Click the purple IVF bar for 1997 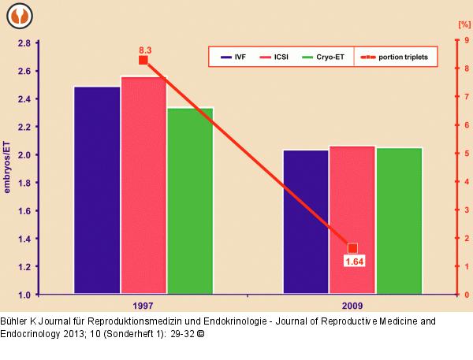pyautogui.click(x=97, y=189)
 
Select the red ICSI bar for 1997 pyautogui.click(x=143, y=184)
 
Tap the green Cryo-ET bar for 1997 pyautogui.click(x=190, y=200)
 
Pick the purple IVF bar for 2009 pyautogui.click(x=306, y=221)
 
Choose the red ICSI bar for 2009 pyautogui.click(x=352, y=220)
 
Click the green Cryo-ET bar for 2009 pyautogui.click(x=399, y=221)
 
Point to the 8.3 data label pyautogui.click(x=145, y=50)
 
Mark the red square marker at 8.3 pyautogui.click(x=143, y=61)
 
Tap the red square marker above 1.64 pyautogui.click(x=352, y=248)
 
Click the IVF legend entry pyautogui.click(x=233, y=58)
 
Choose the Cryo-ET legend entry pyautogui.click(x=325, y=58)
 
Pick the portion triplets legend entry pyautogui.click(x=394, y=58)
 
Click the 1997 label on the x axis pyautogui.click(x=143, y=305)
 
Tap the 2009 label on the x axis pyautogui.click(x=352, y=305)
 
